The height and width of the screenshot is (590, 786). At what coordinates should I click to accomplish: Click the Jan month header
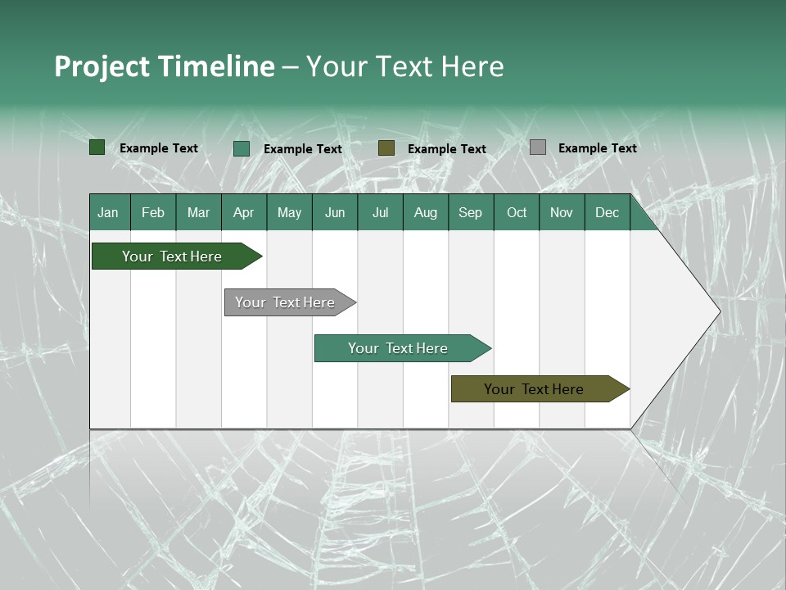pos(108,212)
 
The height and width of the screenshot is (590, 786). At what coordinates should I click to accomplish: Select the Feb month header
pos(153,212)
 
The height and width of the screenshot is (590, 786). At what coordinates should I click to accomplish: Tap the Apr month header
pos(244,212)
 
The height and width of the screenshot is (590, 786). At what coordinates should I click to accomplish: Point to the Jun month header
pos(335,212)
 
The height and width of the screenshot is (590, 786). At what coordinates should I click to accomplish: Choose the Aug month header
pos(426,212)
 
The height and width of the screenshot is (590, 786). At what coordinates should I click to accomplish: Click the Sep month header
pos(471,212)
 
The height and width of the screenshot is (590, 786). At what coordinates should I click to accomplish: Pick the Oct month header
pos(517,212)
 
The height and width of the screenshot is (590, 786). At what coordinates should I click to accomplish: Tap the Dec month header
pos(608,212)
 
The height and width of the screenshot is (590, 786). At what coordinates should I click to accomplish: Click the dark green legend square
pos(97,147)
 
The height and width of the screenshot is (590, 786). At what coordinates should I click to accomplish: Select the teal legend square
pos(242,148)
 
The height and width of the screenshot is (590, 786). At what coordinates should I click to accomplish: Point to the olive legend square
pos(386,148)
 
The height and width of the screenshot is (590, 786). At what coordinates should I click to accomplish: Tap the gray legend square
pos(538,147)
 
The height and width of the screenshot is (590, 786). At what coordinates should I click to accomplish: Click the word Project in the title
pos(102,66)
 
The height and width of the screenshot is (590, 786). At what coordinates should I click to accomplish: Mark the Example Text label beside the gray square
pos(598,148)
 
